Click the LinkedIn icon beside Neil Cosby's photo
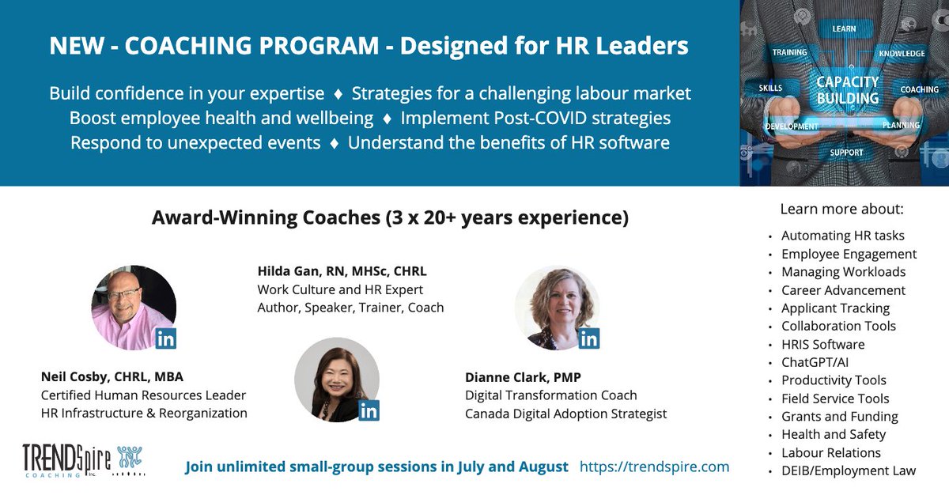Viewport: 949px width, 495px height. (166, 338)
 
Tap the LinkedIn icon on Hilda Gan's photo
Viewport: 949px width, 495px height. (369, 410)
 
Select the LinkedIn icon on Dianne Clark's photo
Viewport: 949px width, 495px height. (589, 338)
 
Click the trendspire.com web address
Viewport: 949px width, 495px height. (654, 467)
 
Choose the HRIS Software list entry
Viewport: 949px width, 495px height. (822, 344)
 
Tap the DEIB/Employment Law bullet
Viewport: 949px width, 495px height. (848, 470)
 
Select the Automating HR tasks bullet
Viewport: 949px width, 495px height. (842, 236)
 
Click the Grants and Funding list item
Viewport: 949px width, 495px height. (839, 416)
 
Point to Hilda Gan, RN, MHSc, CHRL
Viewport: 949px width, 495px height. (342, 271)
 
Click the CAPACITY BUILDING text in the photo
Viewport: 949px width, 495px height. (847, 90)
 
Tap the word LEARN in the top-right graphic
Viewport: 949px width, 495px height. (844, 29)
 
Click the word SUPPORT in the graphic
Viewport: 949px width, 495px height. (846, 153)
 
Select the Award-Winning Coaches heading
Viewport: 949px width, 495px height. (390, 217)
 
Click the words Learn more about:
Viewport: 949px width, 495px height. (841, 210)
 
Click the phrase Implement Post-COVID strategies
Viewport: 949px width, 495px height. (535, 119)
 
